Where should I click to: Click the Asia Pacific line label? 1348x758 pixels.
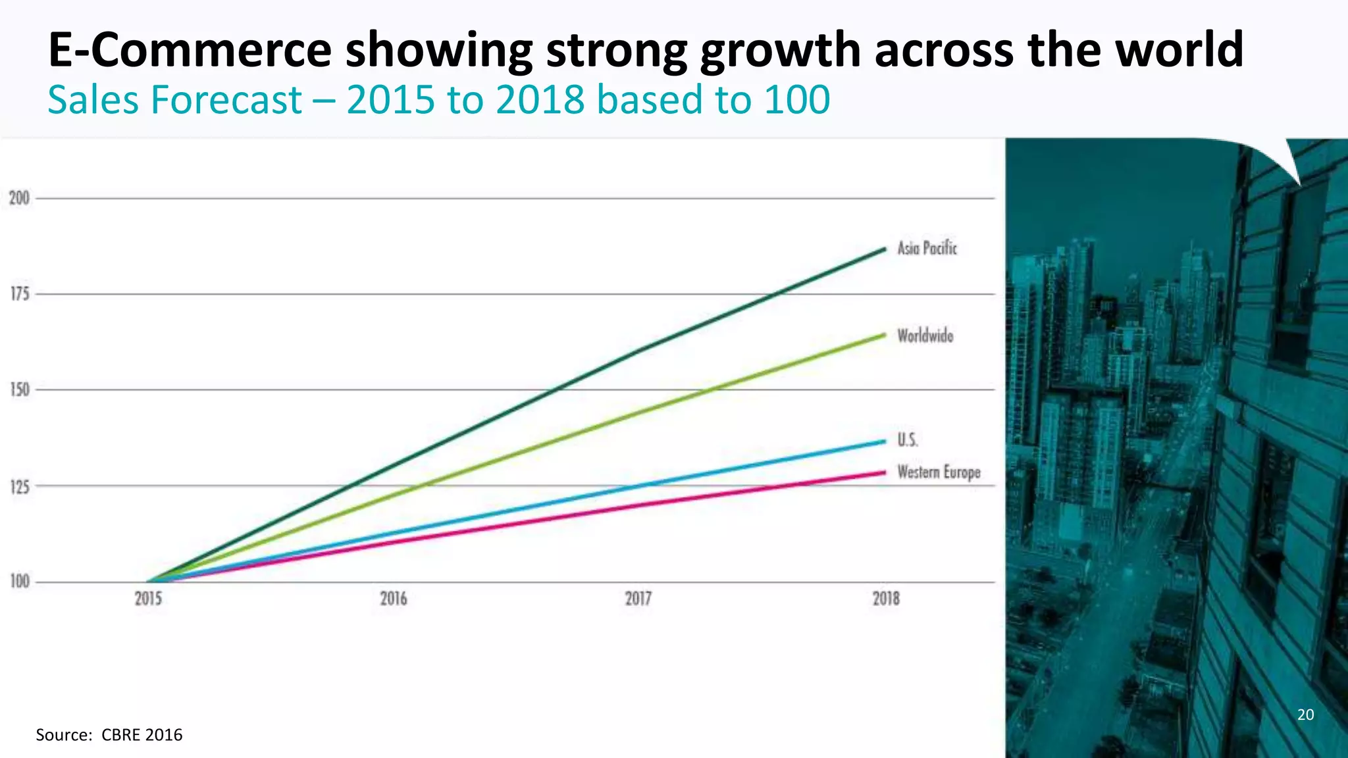[927, 248]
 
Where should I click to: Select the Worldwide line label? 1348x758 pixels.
[925, 336]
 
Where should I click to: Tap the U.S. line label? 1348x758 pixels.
[907, 440]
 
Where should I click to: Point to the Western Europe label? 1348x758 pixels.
[939, 472]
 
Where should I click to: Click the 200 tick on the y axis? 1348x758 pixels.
[19, 198]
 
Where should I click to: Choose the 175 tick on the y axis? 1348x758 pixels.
[20, 294]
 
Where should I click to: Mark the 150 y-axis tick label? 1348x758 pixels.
[20, 390]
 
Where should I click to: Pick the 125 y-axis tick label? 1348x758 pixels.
[20, 487]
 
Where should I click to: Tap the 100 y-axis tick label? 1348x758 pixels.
[20, 582]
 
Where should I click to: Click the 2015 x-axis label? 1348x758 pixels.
[148, 599]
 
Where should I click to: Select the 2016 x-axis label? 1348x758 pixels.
[394, 599]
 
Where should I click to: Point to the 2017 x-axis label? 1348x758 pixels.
[638, 599]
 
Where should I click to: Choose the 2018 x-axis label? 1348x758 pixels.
[886, 599]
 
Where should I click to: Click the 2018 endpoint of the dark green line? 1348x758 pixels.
[885, 249]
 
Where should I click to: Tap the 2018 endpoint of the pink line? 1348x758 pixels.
[885, 472]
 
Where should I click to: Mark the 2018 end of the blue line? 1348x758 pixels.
[885, 442]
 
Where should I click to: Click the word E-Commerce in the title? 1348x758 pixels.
[190, 50]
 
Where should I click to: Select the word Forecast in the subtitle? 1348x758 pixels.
[226, 100]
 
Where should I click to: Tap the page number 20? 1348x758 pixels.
[1305, 715]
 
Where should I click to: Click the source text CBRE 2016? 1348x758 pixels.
[142, 735]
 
